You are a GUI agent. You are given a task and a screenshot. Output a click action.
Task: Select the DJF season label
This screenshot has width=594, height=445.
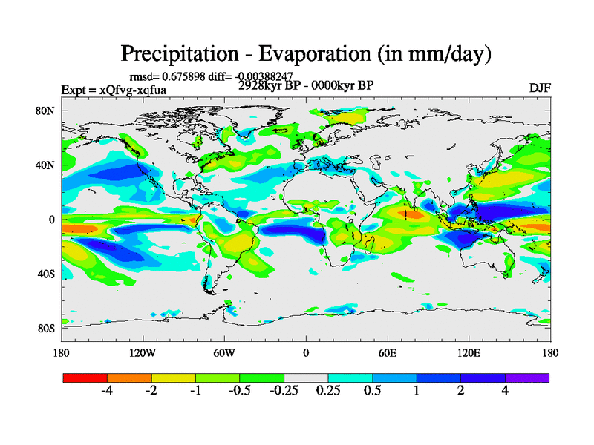[x=540, y=88]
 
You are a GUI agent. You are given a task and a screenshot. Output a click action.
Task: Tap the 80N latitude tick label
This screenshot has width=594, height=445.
[x=46, y=111]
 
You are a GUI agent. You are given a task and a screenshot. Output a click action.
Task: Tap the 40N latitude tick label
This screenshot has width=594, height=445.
[x=46, y=165]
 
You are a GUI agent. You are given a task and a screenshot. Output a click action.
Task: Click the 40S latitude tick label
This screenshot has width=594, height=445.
[x=46, y=274]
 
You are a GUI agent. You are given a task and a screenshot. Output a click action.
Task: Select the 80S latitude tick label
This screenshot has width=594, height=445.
[x=46, y=328]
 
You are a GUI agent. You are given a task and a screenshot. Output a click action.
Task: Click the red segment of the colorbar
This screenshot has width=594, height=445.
[x=85, y=378]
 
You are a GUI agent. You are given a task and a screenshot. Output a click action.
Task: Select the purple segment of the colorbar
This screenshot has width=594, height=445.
[x=527, y=378]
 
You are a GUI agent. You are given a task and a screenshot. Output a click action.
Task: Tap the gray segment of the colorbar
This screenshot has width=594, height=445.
[x=306, y=378]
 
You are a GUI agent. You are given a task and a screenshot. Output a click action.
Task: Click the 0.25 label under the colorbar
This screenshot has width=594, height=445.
[x=328, y=392]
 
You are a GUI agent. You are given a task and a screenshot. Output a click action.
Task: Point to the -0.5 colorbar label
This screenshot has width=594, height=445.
[x=238, y=392]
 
